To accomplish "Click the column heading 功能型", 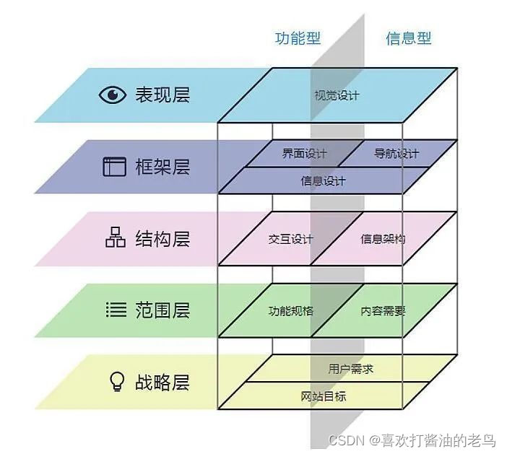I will tap(298, 38).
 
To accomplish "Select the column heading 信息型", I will tap(408, 38).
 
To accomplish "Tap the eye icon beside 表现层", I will tap(112, 95).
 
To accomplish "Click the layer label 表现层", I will tap(162, 95).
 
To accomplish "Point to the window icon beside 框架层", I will tap(113, 167).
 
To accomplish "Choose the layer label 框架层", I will tap(162, 167).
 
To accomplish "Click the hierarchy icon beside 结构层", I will tap(115, 238).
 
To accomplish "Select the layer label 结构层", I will tap(162, 238).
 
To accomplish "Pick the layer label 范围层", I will tap(162, 310).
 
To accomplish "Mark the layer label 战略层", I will tap(162, 382).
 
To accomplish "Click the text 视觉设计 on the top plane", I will tap(337, 95).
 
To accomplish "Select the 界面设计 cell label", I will tap(304, 154).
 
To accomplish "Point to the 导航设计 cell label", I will tap(396, 154).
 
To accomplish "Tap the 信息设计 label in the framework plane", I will tap(323, 181).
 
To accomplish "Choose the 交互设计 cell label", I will tap(290, 239).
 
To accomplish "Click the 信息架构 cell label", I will tap(383, 239).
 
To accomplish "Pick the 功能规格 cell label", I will tap(290, 311).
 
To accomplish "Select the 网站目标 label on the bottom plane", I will tap(323, 396).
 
